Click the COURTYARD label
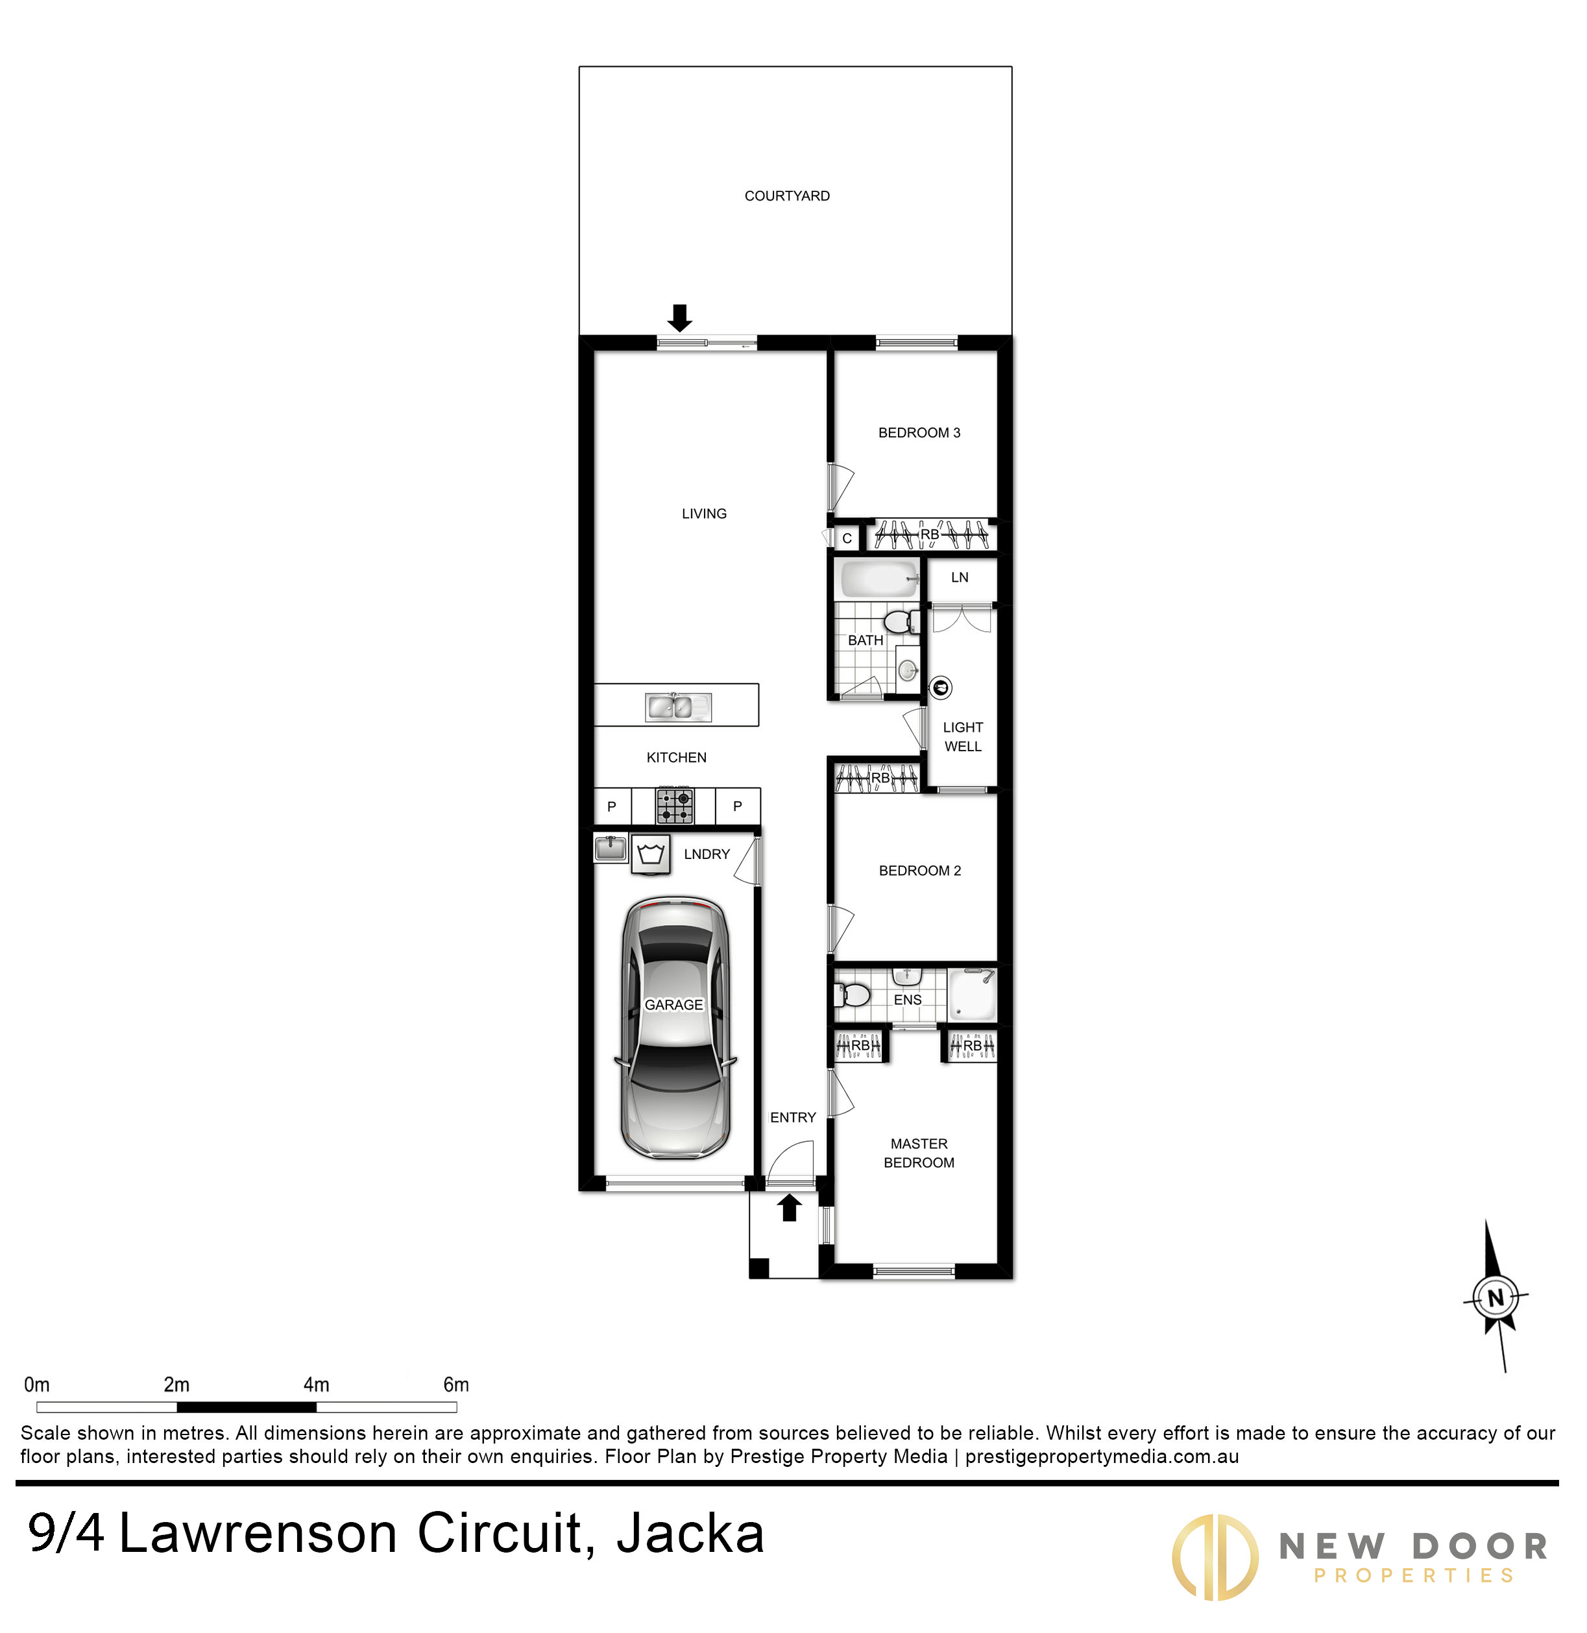pos(787,196)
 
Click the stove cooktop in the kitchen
pos(674,805)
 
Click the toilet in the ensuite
pos(852,994)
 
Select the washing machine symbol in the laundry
pos(651,854)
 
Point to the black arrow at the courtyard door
pos(680,318)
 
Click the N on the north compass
pos(1496,1298)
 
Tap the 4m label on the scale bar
pos(316,1385)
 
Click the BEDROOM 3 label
pos(919,433)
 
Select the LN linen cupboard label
pos(960,577)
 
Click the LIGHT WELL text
pos(963,737)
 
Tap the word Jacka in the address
pos(690,1534)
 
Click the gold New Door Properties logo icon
pos(1215,1557)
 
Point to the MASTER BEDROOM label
pos(919,1153)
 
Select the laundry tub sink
pos(610,849)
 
